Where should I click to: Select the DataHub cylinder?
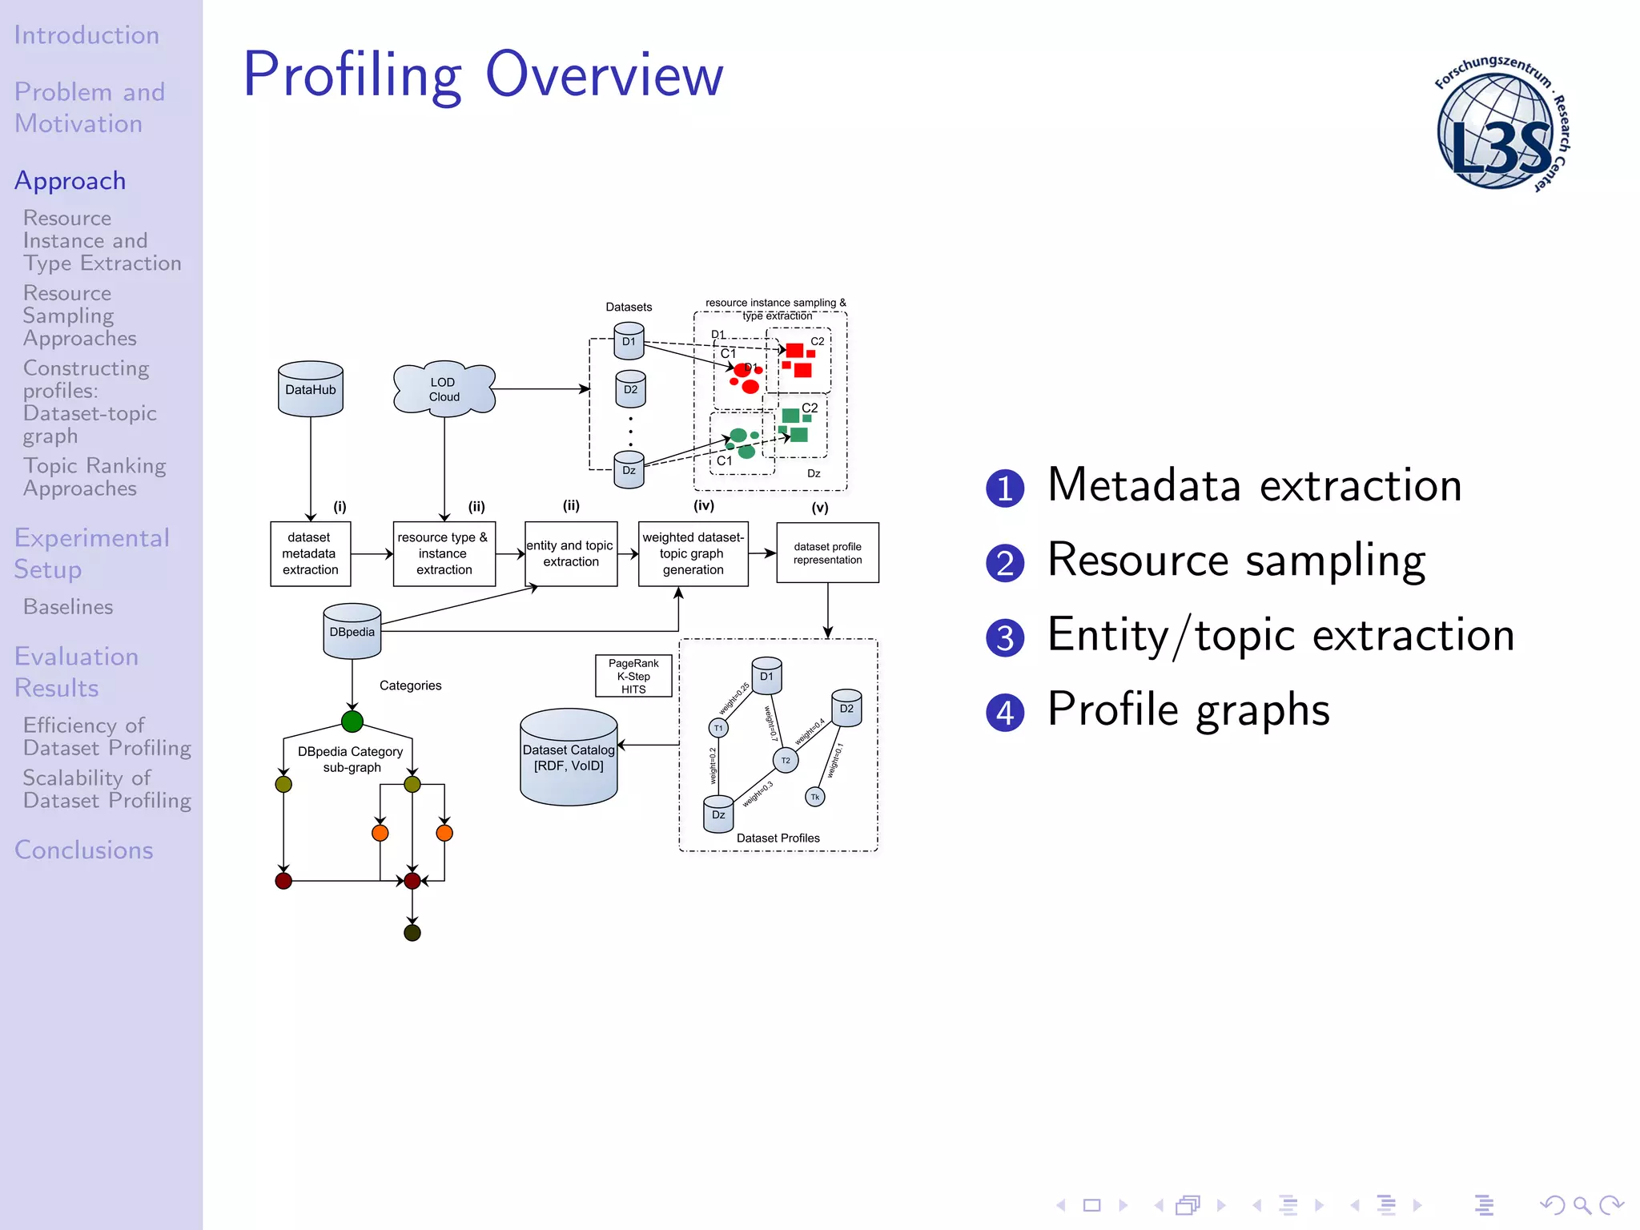click(311, 389)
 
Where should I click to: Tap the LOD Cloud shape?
click(444, 389)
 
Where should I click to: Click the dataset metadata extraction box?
click(311, 553)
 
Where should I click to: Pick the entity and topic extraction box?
click(571, 553)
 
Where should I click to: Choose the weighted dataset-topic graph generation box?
click(693, 553)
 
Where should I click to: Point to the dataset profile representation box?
click(827, 553)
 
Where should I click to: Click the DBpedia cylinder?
click(352, 632)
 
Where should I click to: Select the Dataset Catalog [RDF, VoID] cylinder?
click(569, 758)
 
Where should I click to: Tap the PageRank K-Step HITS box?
click(633, 676)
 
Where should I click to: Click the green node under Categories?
click(352, 722)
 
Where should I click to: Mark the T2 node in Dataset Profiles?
click(786, 761)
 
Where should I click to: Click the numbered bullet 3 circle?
click(1005, 638)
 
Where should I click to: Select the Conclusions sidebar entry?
click(84, 850)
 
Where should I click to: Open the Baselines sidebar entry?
click(68, 607)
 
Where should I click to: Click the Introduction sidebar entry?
click(86, 35)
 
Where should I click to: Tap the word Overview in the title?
click(605, 74)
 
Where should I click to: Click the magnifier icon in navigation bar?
click(1582, 1205)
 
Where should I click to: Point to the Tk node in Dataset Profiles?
click(814, 797)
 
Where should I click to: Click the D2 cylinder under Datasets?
click(630, 389)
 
